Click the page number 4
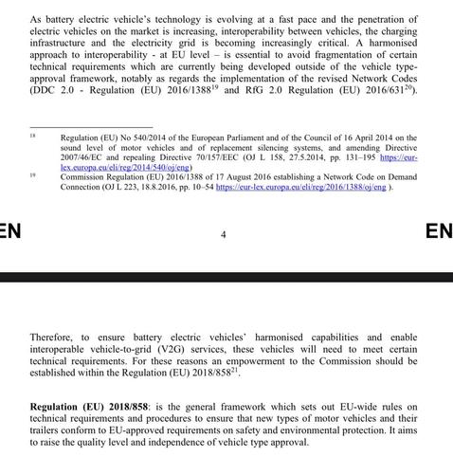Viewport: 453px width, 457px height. coord(224,233)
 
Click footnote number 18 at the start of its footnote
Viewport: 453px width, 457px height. coord(33,136)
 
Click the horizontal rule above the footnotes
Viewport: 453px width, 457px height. coord(84,127)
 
